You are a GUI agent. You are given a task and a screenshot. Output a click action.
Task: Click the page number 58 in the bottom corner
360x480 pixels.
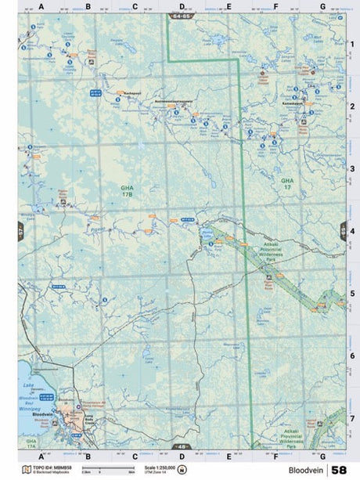point(338,470)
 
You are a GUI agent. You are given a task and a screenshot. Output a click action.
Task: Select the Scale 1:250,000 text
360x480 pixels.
point(160,467)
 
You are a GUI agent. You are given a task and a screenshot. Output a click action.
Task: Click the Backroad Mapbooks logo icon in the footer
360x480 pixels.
point(25,470)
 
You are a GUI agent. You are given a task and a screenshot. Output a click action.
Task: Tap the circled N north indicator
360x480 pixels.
point(182,470)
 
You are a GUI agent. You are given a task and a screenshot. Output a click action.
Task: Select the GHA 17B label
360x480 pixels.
point(128,190)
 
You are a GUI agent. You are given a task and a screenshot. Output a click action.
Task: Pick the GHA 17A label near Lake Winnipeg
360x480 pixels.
point(31,443)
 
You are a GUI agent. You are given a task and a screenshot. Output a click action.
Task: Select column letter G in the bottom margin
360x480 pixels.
point(322,455)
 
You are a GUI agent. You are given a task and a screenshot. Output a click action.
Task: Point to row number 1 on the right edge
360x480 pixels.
point(353,43)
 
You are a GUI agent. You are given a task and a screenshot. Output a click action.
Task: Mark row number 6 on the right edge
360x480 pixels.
point(353,355)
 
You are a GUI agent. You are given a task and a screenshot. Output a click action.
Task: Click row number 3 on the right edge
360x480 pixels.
point(353,168)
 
